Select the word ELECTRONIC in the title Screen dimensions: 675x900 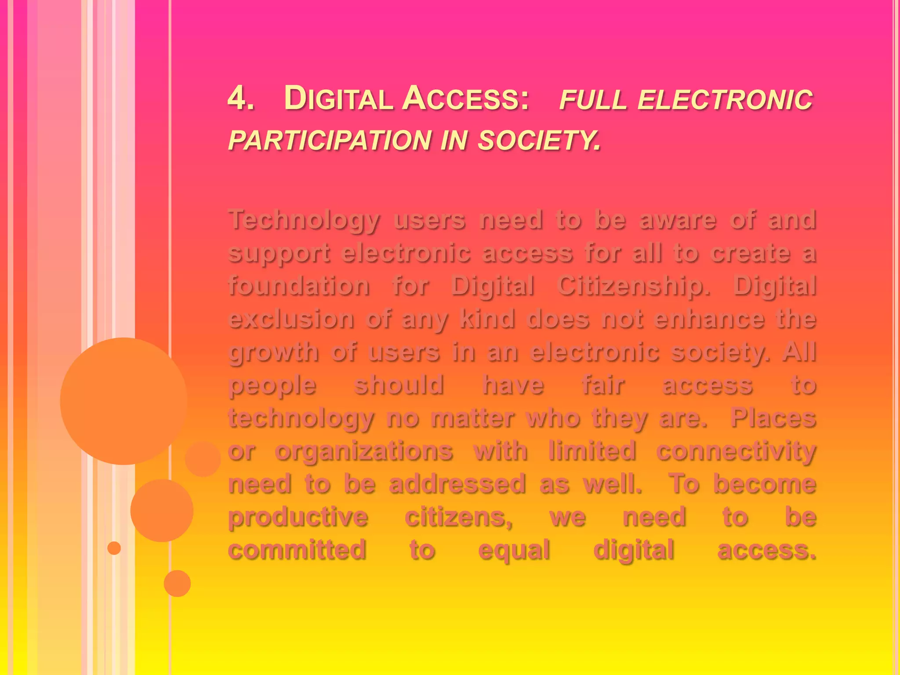point(725,99)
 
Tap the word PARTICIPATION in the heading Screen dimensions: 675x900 point(330,140)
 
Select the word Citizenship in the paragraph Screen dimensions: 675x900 point(633,286)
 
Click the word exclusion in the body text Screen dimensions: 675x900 point(291,319)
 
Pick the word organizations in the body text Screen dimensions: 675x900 point(364,451)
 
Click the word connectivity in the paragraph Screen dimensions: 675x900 point(736,451)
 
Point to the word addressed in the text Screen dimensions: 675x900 point(457,484)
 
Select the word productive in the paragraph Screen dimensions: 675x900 point(298,517)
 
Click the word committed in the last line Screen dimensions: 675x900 point(297,550)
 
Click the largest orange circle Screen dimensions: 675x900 point(123,401)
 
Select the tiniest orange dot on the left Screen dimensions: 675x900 point(114,548)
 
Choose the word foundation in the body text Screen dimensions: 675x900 point(299,286)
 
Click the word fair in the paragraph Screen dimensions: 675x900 point(603,385)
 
